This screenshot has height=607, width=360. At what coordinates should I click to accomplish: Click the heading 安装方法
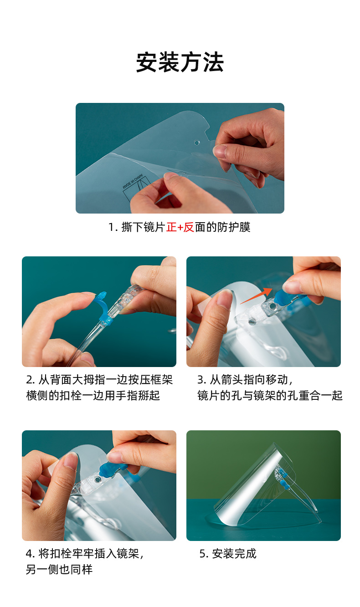(x=180, y=62)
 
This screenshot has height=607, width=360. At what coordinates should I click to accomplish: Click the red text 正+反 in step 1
(x=180, y=227)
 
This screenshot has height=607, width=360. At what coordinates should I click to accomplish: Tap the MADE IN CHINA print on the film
(x=132, y=181)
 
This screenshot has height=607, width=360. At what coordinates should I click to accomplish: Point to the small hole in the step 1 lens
(x=196, y=143)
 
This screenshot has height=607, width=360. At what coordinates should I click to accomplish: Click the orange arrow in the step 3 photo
(x=256, y=296)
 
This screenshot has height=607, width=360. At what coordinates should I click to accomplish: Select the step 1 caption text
(x=179, y=227)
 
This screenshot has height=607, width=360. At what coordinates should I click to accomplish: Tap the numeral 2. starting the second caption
(x=31, y=380)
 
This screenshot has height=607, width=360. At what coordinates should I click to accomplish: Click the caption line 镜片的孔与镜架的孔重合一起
(x=270, y=396)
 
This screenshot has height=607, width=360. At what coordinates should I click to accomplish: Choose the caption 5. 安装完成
(x=228, y=554)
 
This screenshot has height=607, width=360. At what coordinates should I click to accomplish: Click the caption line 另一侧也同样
(x=59, y=569)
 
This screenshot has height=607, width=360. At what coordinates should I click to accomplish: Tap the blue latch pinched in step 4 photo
(x=113, y=469)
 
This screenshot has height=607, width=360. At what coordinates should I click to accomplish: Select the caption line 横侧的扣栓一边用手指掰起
(x=93, y=396)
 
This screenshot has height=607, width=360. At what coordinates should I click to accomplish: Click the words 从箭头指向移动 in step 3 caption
(x=249, y=380)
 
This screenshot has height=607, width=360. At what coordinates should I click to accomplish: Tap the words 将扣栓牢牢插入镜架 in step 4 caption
(x=89, y=554)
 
